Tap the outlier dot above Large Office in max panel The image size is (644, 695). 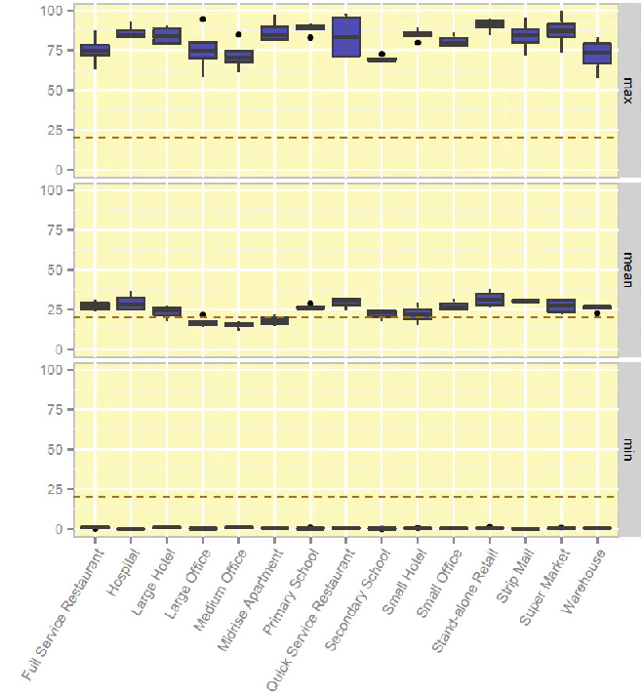tap(203, 19)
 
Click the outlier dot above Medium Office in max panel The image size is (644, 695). tap(239, 34)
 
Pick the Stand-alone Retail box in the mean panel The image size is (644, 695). tap(490, 300)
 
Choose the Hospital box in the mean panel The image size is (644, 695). tap(131, 304)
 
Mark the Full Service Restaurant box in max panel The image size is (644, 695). tap(95, 50)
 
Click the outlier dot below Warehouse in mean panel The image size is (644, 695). tap(597, 313)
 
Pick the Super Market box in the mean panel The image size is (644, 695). tap(561, 306)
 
